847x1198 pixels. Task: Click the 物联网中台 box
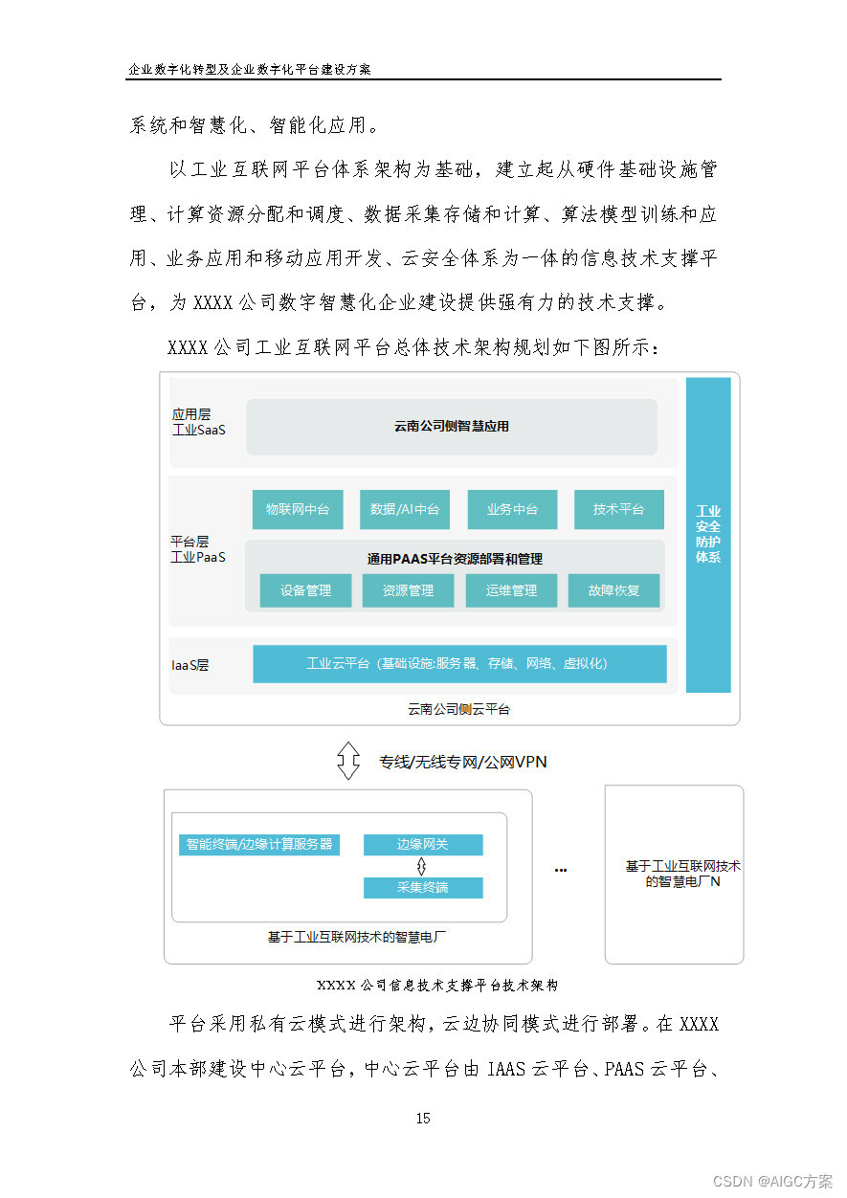click(298, 510)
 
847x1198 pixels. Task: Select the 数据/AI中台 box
click(405, 510)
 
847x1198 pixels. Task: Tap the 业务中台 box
click(512, 510)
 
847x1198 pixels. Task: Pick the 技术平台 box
click(619, 510)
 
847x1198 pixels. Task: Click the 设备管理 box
click(306, 590)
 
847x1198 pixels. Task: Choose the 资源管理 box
click(409, 590)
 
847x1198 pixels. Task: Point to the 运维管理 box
click(511, 590)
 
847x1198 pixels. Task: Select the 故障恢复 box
click(614, 590)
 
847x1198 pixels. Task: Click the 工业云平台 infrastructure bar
click(459, 663)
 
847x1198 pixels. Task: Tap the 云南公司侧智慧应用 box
click(452, 427)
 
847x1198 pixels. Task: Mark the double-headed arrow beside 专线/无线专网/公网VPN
click(348, 762)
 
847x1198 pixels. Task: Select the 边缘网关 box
click(423, 845)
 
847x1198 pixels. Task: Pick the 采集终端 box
click(423, 887)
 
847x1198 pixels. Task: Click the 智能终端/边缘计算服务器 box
click(259, 845)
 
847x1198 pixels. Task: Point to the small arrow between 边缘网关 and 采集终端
click(422, 866)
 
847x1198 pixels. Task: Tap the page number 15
click(423, 1118)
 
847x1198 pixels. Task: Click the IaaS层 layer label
click(190, 664)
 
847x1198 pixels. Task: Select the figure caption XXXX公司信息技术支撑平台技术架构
click(437, 985)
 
